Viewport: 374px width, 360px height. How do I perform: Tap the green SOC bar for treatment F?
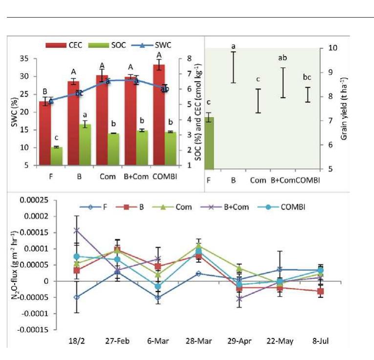[x=56, y=156]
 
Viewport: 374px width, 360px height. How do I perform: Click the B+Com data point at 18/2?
[x=77, y=230]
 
